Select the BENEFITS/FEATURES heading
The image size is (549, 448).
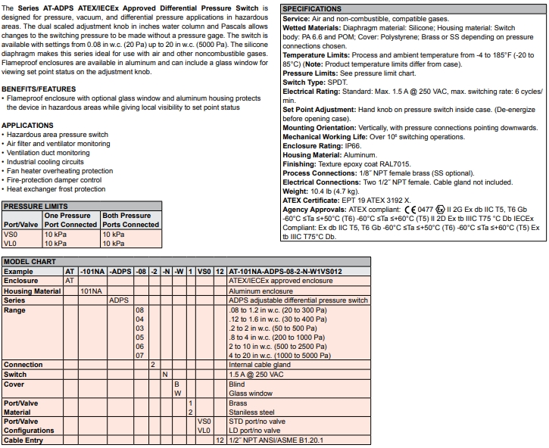pyautogui.click(x=38, y=89)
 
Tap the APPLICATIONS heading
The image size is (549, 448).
pyautogui.click(x=27, y=125)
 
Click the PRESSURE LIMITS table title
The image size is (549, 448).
pyautogui.click(x=36, y=206)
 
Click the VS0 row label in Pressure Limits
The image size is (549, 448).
pyautogui.click(x=11, y=235)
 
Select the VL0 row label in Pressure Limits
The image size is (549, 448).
pyautogui.click(x=11, y=244)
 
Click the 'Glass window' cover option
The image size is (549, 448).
pyautogui.click(x=251, y=393)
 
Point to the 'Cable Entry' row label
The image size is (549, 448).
pyautogui.click(x=24, y=440)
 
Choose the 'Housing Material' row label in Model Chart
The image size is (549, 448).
pyautogui.click(x=33, y=291)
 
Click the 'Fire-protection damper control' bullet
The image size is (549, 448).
pyautogui.click(x=54, y=180)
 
